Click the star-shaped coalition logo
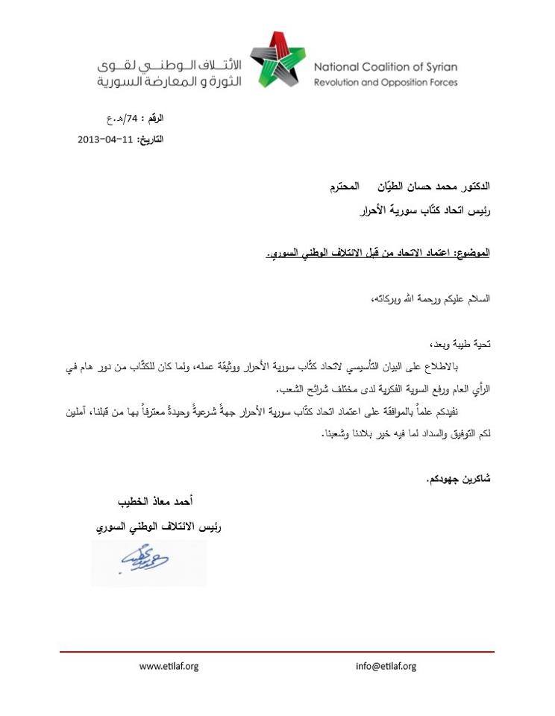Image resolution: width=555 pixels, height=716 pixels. click(277, 60)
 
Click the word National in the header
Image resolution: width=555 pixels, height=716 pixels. click(339, 66)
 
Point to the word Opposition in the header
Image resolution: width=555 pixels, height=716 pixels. click(401, 82)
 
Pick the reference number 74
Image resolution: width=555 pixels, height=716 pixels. click(132, 119)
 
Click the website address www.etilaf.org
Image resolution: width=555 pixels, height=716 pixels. click(169, 666)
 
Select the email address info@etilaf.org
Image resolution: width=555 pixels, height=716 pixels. click(386, 666)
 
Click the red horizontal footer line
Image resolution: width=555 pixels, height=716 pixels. click(277, 652)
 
